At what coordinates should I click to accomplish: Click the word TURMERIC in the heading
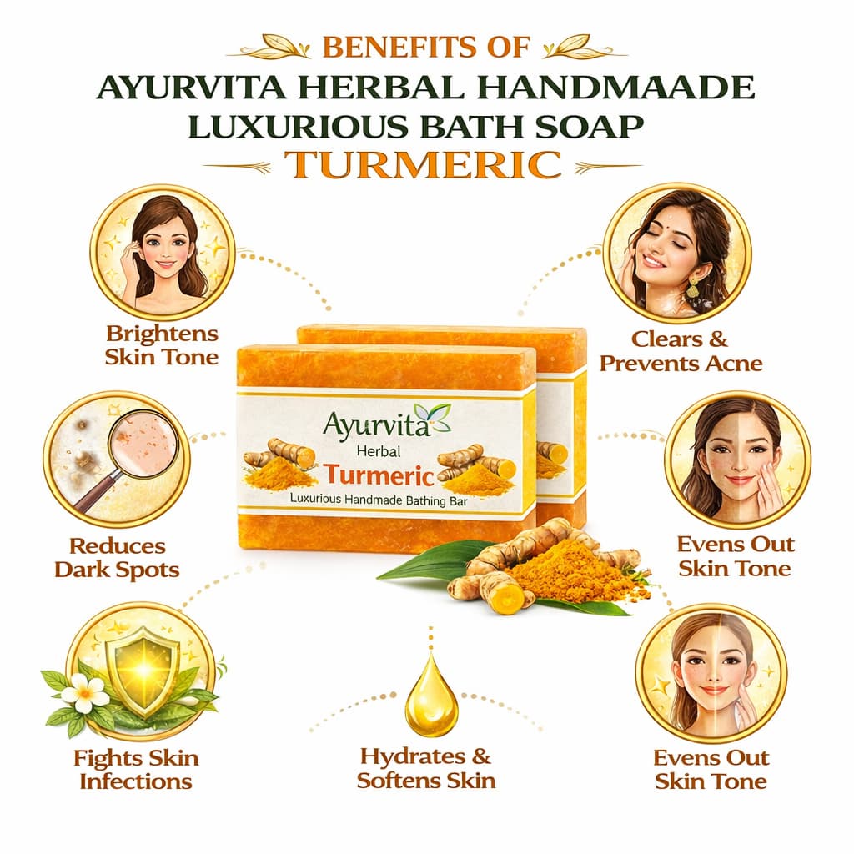click(x=423, y=164)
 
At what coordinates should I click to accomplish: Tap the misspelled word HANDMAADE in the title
click(x=616, y=88)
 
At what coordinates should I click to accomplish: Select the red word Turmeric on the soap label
click(x=379, y=475)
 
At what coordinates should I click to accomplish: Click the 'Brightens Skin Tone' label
click(x=162, y=345)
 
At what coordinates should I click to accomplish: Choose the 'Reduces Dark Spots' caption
click(x=117, y=558)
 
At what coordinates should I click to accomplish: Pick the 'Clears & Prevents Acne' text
click(x=681, y=351)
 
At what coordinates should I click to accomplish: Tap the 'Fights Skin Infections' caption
click(x=136, y=770)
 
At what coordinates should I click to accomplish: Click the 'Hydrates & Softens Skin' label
click(x=426, y=768)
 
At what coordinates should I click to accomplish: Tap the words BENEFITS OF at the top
click(x=426, y=47)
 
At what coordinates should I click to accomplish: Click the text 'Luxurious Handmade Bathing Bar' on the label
click(x=379, y=500)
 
